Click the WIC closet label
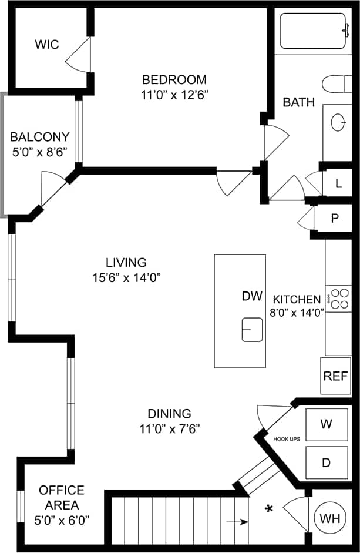(46, 45)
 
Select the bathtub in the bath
(313, 31)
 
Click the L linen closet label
(338, 183)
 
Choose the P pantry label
(335, 219)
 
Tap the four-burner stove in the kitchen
(338, 297)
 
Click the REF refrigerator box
(336, 376)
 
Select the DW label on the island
(251, 296)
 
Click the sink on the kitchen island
(253, 329)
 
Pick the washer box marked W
(326, 424)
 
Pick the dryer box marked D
(326, 462)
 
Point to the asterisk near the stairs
(270, 507)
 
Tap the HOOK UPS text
(287, 438)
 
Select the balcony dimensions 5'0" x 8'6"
(40, 150)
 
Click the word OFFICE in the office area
(62, 490)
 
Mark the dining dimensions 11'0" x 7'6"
(170, 428)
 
